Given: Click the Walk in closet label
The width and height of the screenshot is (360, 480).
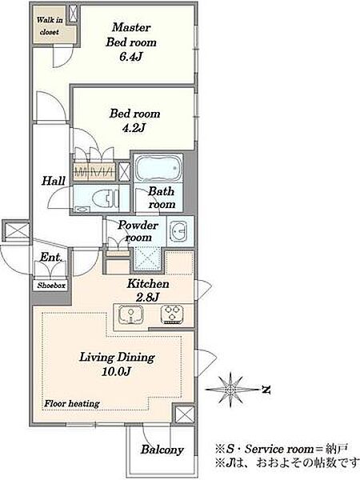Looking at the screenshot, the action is [x=50, y=26].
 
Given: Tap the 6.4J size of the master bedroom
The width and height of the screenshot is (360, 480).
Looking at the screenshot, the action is [x=130, y=57].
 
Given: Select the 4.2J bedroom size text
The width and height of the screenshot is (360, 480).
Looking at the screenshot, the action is [x=134, y=128].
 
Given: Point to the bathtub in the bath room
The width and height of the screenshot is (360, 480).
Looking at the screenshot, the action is [x=158, y=169].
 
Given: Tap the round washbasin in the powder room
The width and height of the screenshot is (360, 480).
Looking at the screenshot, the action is [x=179, y=231].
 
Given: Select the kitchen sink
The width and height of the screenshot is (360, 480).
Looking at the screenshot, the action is [x=130, y=314].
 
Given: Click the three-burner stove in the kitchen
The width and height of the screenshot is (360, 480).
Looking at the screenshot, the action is [x=172, y=314].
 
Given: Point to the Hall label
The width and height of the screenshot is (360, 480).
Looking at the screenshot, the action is [x=54, y=180].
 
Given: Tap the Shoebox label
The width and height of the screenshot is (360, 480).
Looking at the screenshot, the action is [x=51, y=286].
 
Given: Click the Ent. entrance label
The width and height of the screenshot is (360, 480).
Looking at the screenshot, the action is [x=51, y=257].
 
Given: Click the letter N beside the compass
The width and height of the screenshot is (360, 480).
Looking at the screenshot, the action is [x=266, y=390].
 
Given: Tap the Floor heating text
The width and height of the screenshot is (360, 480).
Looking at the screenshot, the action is [x=72, y=404].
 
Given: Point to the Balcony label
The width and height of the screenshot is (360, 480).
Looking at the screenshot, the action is [x=162, y=450].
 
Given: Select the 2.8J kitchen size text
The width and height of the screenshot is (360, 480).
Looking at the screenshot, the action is [x=147, y=297].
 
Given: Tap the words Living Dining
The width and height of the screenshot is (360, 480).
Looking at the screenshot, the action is [x=118, y=358].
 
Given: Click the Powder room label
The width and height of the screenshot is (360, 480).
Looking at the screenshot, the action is [x=138, y=231].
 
